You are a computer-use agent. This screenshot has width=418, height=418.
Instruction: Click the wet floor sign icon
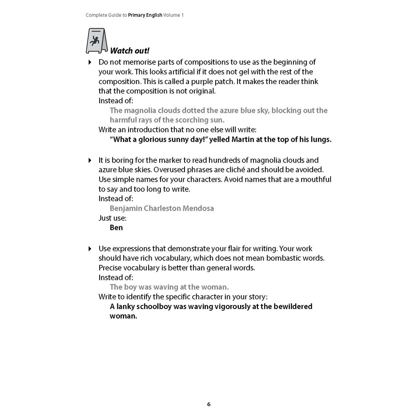tap(96, 41)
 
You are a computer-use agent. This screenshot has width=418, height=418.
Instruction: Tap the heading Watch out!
tap(130, 51)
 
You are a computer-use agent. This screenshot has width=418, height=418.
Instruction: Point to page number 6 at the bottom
tap(209, 405)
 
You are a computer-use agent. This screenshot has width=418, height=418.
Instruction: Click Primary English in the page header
tap(145, 15)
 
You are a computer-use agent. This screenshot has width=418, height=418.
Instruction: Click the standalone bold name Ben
tap(116, 227)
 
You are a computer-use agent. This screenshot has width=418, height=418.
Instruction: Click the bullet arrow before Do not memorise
tap(90, 62)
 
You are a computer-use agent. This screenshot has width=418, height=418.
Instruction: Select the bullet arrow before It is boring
tap(90, 160)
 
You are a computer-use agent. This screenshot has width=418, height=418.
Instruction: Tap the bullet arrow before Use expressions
tap(90, 249)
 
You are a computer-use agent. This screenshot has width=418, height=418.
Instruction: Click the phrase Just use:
tap(113, 218)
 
